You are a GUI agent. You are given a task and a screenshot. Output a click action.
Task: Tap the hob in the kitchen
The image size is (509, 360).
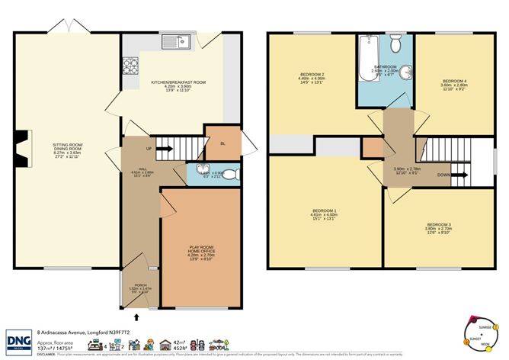pyautogui.click(x=128, y=66)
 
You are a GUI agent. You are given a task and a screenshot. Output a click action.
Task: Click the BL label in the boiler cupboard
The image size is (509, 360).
pyautogui.click(x=222, y=143)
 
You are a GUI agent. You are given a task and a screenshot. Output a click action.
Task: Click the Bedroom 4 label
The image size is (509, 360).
pyautogui.click(x=454, y=81)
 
